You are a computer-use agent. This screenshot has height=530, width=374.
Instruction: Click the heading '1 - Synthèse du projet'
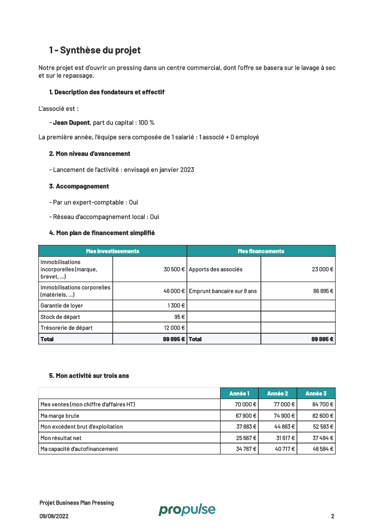click(95, 50)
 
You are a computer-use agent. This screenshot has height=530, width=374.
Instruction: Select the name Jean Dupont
click(71, 123)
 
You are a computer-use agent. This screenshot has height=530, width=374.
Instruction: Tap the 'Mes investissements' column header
click(113, 251)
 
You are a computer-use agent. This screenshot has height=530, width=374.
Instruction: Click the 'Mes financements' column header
click(261, 251)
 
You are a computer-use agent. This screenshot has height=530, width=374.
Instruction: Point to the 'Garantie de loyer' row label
click(61, 306)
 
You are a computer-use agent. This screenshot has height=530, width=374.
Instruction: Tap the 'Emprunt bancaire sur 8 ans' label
click(223, 291)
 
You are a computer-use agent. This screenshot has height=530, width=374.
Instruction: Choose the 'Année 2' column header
click(278, 393)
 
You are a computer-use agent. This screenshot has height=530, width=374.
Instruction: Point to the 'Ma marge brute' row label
click(60, 416)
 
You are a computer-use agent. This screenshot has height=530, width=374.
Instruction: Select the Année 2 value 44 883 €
click(284, 427)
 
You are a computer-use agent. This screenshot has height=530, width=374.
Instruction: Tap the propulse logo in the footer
click(186, 510)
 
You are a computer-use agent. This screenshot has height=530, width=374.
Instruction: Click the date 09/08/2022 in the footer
click(54, 516)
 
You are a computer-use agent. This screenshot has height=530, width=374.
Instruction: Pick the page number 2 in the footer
click(333, 516)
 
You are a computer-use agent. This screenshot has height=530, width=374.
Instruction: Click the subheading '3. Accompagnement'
click(79, 186)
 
